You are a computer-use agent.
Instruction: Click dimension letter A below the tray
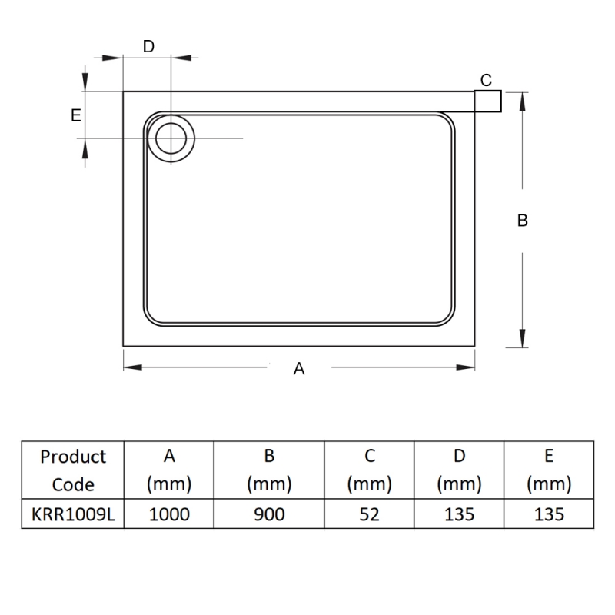pos(299,369)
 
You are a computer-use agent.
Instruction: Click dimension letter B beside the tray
pos(523,221)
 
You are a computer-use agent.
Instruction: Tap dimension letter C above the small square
pos(486,81)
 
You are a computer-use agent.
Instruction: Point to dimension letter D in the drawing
pos(148,47)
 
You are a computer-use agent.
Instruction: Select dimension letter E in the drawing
pos(75,115)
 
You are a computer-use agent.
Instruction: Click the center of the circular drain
pos(171,138)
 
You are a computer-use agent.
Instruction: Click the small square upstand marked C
pos(488,101)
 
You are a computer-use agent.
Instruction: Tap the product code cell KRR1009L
pos(73,514)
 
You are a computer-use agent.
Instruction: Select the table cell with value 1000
pos(169,514)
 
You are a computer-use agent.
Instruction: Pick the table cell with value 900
pos(269,514)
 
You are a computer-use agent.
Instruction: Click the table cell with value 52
pos(369,514)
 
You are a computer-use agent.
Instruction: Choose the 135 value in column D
pos(459,514)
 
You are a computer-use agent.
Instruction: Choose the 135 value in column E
pos(549,514)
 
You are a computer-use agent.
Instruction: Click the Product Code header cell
pos(73,470)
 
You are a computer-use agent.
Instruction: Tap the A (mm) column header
pos(169,470)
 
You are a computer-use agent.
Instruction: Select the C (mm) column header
pos(369,470)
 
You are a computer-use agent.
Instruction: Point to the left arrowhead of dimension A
pos(132,367)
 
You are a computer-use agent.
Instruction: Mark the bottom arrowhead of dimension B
pos(522,338)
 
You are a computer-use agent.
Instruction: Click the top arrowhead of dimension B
pos(522,102)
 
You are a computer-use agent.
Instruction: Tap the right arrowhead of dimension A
pos(466,367)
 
